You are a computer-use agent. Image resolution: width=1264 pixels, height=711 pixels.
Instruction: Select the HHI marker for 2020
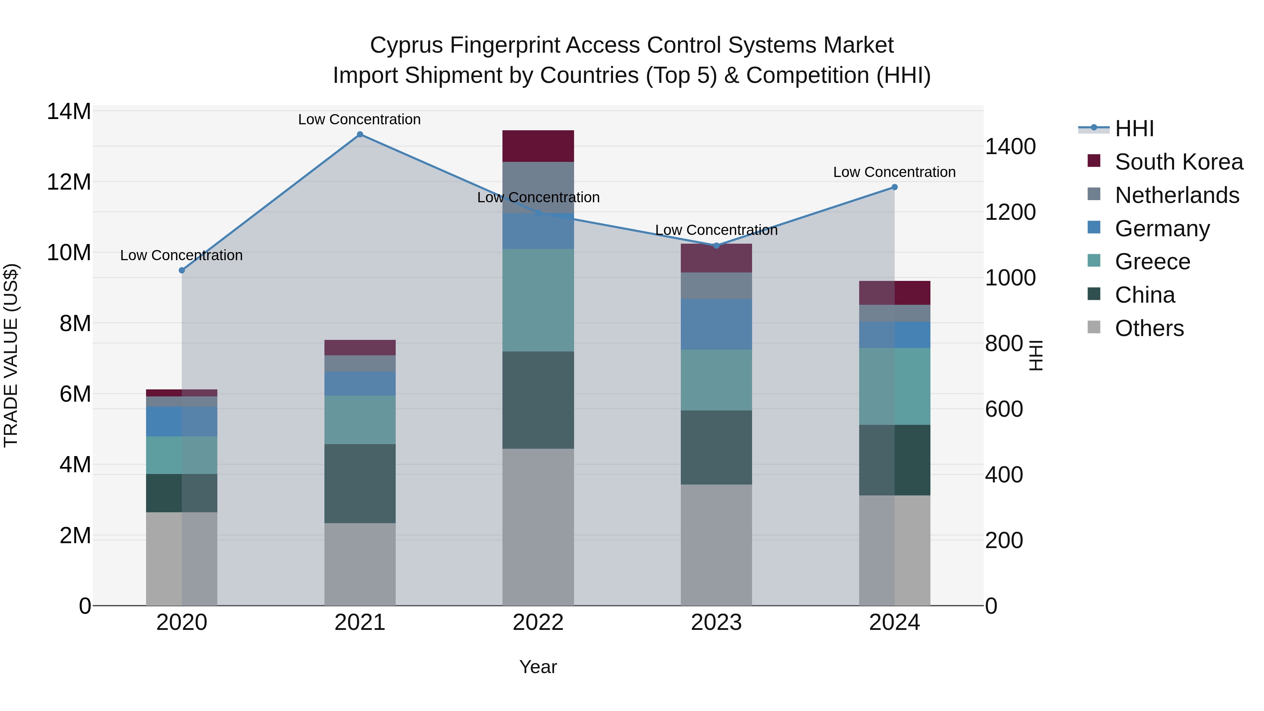coord(182,270)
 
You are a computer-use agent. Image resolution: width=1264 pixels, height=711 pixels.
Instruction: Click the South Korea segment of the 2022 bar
coord(538,146)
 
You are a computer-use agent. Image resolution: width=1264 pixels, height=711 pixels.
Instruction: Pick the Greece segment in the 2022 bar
coord(538,300)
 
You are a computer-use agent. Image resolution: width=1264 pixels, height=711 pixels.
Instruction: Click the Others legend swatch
coord(1094,327)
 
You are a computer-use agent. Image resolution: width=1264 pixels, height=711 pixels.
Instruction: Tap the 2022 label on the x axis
coord(538,623)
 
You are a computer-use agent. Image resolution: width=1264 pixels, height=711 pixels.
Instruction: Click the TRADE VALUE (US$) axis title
coord(11,355)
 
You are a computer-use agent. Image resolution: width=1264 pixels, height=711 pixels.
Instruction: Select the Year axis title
coord(538,667)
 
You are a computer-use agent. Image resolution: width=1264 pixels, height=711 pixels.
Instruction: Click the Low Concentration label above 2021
coord(359,119)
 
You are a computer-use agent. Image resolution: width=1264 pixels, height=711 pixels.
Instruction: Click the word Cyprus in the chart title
coord(407,45)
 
